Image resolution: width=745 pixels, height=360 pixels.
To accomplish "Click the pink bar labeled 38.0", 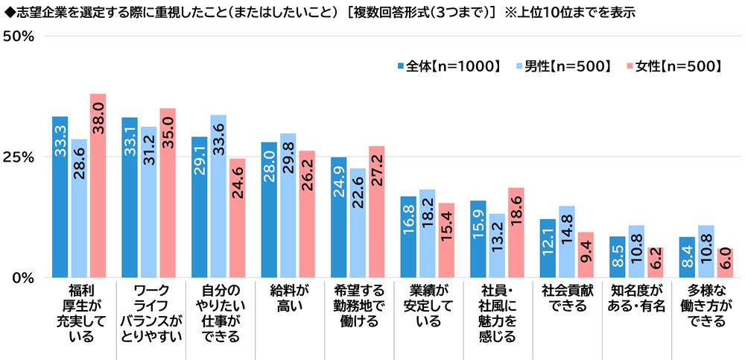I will click(98, 186).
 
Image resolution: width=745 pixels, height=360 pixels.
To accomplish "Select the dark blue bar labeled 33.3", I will click(60, 197).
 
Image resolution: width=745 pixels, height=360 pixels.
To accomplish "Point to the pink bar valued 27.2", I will click(376, 212).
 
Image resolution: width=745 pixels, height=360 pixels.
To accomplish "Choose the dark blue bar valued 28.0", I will click(269, 209).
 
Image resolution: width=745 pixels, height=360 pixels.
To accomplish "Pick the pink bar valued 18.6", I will click(516, 233).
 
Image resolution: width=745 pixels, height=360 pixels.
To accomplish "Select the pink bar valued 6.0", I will click(724, 263).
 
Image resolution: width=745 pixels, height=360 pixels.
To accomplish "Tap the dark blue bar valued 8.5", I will click(618, 257).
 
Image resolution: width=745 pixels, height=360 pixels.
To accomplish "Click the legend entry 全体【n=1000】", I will click(448, 67).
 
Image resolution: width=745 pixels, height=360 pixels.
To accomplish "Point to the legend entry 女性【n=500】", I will click(673, 67).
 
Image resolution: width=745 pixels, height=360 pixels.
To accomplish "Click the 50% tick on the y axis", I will click(21, 37).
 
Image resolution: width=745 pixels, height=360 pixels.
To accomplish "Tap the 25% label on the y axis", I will click(21, 157).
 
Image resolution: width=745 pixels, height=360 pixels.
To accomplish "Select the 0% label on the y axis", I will click(25, 278).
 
